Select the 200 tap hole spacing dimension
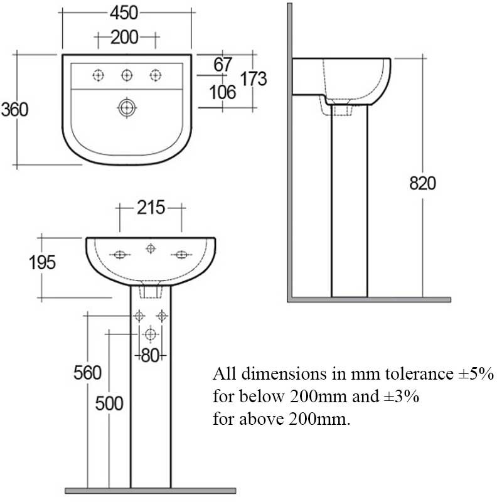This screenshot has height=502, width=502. point(125,38)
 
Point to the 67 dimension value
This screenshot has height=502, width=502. point(223,64)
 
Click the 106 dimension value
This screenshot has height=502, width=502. point(222,92)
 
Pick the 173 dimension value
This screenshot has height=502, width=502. point(254,78)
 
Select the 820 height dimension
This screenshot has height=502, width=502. point(422,183)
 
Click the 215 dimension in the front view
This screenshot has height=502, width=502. point(151,208)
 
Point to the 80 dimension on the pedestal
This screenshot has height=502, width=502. point(151,355)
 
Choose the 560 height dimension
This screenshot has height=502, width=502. point(87,373)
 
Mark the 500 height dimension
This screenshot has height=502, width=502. point(109,403)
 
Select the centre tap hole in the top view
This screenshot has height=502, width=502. point(127,75)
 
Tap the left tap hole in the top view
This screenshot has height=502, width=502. point(97,75)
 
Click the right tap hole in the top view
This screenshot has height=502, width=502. point(156,75)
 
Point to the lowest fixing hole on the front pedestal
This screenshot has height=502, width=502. point(151,334)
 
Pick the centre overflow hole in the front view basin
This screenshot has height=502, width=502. point(151,249)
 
